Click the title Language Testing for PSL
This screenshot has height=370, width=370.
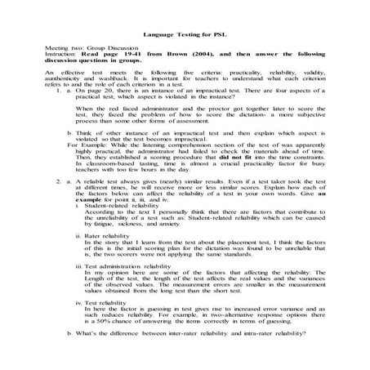184,35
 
